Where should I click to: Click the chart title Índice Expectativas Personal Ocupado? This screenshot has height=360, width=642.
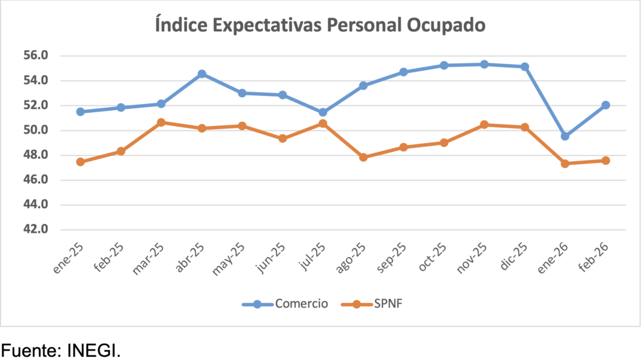tap(320, 26)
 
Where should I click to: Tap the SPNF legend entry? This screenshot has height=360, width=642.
tap(382, 304)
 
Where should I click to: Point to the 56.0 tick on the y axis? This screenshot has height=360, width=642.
tap(36, 56)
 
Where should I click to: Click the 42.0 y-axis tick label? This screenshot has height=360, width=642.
tap(36, 230)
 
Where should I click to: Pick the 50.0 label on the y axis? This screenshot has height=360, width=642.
tap(36, 130)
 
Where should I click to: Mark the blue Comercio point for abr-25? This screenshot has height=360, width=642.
tap(202, 74)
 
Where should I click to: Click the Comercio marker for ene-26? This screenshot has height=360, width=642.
tap(565, 136)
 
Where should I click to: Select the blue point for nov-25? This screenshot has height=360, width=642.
tap(484, 64)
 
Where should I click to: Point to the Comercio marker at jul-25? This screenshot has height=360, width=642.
tap(323, 113)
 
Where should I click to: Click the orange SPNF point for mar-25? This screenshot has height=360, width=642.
tap(161, 122)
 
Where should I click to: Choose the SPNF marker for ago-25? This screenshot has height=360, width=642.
tap(363, 157)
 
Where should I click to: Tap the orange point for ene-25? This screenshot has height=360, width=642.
tap(80, 162)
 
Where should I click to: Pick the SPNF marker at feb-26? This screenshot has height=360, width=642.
tap(606, 161)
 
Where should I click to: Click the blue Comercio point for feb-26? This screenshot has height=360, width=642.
tap(606, 105)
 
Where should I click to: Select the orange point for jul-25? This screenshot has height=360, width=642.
tap(323, 124)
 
